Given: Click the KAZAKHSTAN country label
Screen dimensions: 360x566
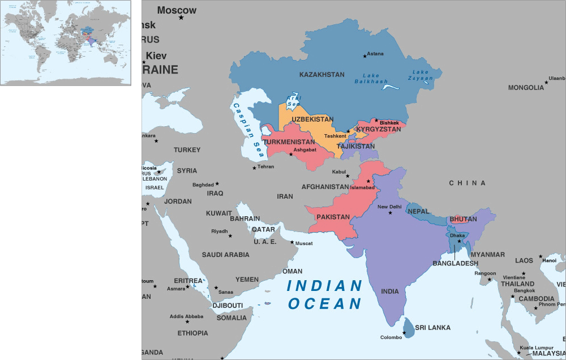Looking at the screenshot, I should [x=321, y=75].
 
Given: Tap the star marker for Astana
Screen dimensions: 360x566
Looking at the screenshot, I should [x=365, y=55].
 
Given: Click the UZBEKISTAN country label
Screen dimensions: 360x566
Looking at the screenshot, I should [x=312, y=119].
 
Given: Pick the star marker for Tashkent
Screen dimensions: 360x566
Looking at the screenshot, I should [x=348, y=131].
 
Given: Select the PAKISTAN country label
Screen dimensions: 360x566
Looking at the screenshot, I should [x=333, y=217].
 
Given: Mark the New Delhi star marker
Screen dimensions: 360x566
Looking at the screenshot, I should [x=390, y=213].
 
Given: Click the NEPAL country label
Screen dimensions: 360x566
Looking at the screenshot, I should [x=418, y=211].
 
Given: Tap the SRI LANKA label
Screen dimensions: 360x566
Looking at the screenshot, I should [x=432, y=327].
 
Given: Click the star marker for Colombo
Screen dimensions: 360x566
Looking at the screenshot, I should [x=404, y=333].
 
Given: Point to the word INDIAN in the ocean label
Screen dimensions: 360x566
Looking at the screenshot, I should [x=324, y=286].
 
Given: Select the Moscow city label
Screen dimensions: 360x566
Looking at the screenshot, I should [x=177, y=10].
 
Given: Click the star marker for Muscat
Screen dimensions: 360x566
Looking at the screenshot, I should [x=293, y=243].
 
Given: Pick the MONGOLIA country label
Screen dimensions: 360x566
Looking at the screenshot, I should [x=525, y=88].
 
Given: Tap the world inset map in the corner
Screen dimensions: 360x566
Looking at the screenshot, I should [x=66, y=43].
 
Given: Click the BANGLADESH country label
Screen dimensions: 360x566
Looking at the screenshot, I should [x=455, y=263].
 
